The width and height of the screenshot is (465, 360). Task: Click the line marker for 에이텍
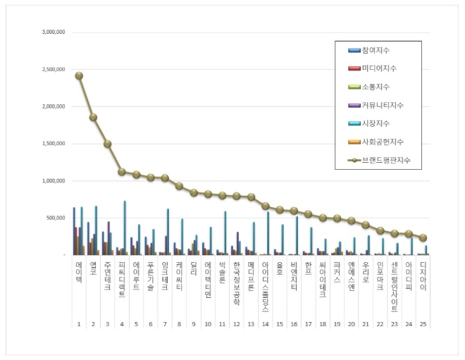pyautogui.click(x=79, y=75)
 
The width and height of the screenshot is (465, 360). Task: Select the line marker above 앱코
pyautogui.click(x=93, y=117)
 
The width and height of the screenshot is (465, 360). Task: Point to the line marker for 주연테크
pyautogui.click(x=108, y=144)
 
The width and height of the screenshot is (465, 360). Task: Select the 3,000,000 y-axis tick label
pyautogui.click(x=54, y=32)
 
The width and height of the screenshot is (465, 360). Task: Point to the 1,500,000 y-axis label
pyautogui.click(x=54, y=144)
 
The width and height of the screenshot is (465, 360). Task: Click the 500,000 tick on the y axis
pyautogui.click(x=57, y=218)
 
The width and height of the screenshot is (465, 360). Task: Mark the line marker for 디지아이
pyautogui.click(x=423, y=238)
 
